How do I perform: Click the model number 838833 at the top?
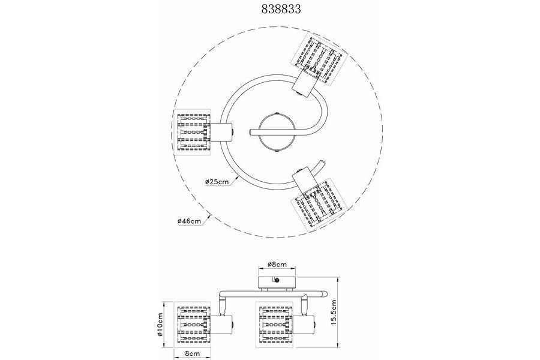tap(281, 9)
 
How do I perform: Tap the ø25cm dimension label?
tap(217, 182)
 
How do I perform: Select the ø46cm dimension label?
tap(189, 221)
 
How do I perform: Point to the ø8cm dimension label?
tap(277, 265)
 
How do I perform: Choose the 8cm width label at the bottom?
tap(192, 353)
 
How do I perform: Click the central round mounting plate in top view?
tap(277, 132)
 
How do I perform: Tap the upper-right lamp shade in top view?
tap(317, 58)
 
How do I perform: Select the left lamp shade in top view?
tap(193, 132)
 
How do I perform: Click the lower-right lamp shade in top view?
tap(318, 206)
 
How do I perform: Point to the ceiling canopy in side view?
tap(277, 281)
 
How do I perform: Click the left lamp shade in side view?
tap(192, 324)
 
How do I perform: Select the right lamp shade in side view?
tap(276, 324)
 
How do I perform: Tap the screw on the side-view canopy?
tap(277, 280)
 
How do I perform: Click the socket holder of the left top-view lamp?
tap(222, 132)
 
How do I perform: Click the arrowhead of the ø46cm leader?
tap(209, 217)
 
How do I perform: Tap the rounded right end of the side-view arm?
tap(324, 294)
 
